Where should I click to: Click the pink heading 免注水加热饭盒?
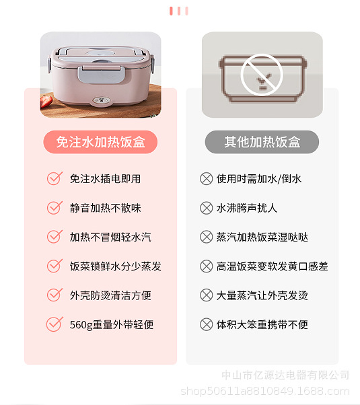pyautogui.click(x=100, y=142)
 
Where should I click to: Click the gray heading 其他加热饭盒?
pyautogui.click(x=262, y=142)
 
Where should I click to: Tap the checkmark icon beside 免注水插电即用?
pyautogui.click(x=55, y=178)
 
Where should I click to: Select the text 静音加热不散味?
pyautogui.click(x=105, y=208)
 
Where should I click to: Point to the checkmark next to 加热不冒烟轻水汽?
pyautogui.click(x=55, y=237)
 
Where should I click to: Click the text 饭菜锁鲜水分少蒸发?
pyautogui.click(x=115, y=266)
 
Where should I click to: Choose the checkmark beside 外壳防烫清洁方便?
pyautogui.click(x=55, y=295)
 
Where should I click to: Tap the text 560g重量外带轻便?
pyautogui.click(x=111, y=325)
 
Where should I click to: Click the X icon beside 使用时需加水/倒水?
pyautogui.click(x=207, y=179)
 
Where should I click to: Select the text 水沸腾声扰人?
pyautogui.click(x=246, y=208)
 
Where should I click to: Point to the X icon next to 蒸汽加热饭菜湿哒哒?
pyautogui.click(x=207, y=237)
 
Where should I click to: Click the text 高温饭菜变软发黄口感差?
pyautogui.click(x=272, y=266)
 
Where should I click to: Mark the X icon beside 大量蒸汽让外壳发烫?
pyautogui.click(x=207, y=296)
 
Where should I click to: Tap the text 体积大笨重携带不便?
pyautogui.click(x=262, y=325)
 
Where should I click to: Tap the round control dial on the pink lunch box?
pyautogui.click(x=101, y=104)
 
